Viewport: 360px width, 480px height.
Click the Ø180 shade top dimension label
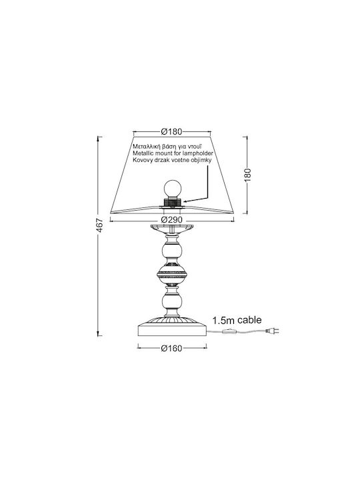(171, 131)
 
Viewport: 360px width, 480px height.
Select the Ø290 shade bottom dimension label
(172, 220)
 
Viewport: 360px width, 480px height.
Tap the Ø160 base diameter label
(172, 349)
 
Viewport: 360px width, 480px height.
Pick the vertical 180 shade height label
(247, 175)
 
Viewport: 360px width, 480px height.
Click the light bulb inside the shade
(172, 189)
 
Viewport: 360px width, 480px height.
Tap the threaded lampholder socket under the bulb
(172, 202)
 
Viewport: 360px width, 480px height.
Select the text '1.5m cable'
(237, 320)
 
